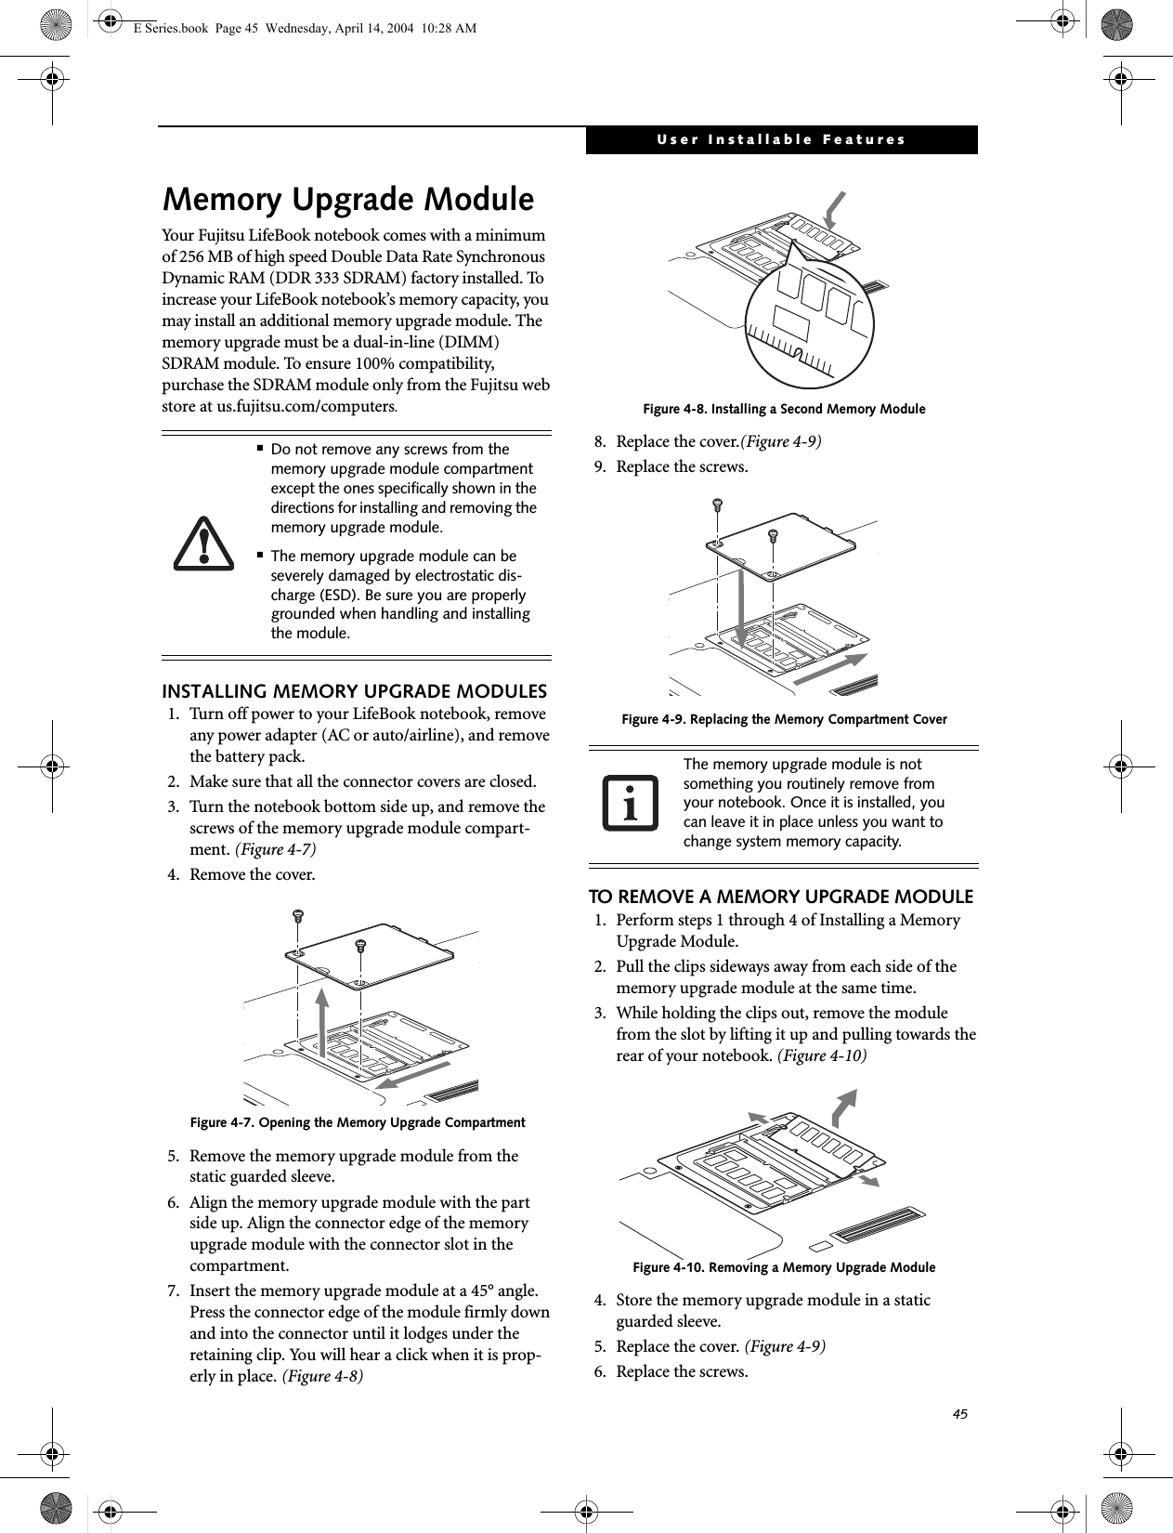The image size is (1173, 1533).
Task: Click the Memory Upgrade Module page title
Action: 348,200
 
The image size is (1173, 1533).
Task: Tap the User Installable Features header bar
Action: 781,140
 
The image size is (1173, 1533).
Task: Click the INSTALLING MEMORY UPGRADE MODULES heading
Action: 355,692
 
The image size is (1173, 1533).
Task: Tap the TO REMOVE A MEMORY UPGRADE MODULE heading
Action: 781,897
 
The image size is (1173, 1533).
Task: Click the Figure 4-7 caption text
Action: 358,1122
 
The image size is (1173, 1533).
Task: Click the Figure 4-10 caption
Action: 784,1267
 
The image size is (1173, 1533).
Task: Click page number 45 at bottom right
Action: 959,1413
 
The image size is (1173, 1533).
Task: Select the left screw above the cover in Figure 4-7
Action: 297,916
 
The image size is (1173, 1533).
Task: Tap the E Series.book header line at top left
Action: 305,28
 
